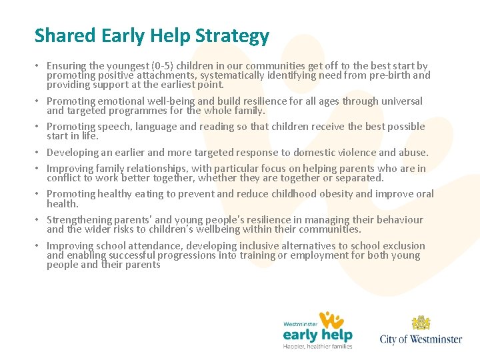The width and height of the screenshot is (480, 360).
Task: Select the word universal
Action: point(398,101)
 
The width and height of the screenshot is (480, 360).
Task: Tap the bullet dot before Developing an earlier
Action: point(38,153)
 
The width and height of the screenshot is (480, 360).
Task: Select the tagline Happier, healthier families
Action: point(317,345)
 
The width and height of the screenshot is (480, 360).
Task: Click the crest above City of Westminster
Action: point(421,323)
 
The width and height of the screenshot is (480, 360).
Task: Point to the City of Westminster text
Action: point(421,339)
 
